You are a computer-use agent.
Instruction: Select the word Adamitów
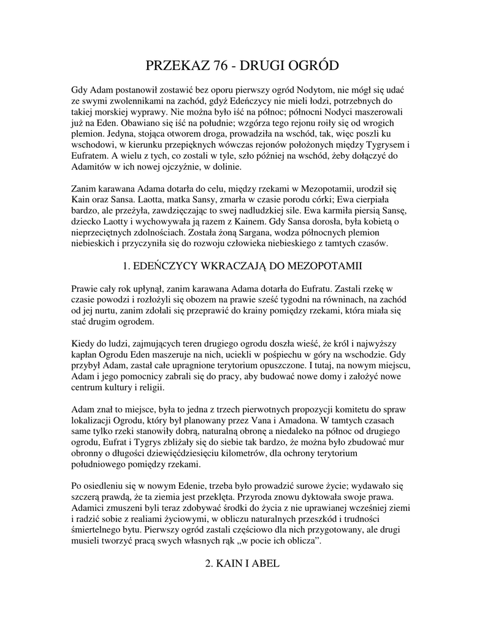click(92, 166)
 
